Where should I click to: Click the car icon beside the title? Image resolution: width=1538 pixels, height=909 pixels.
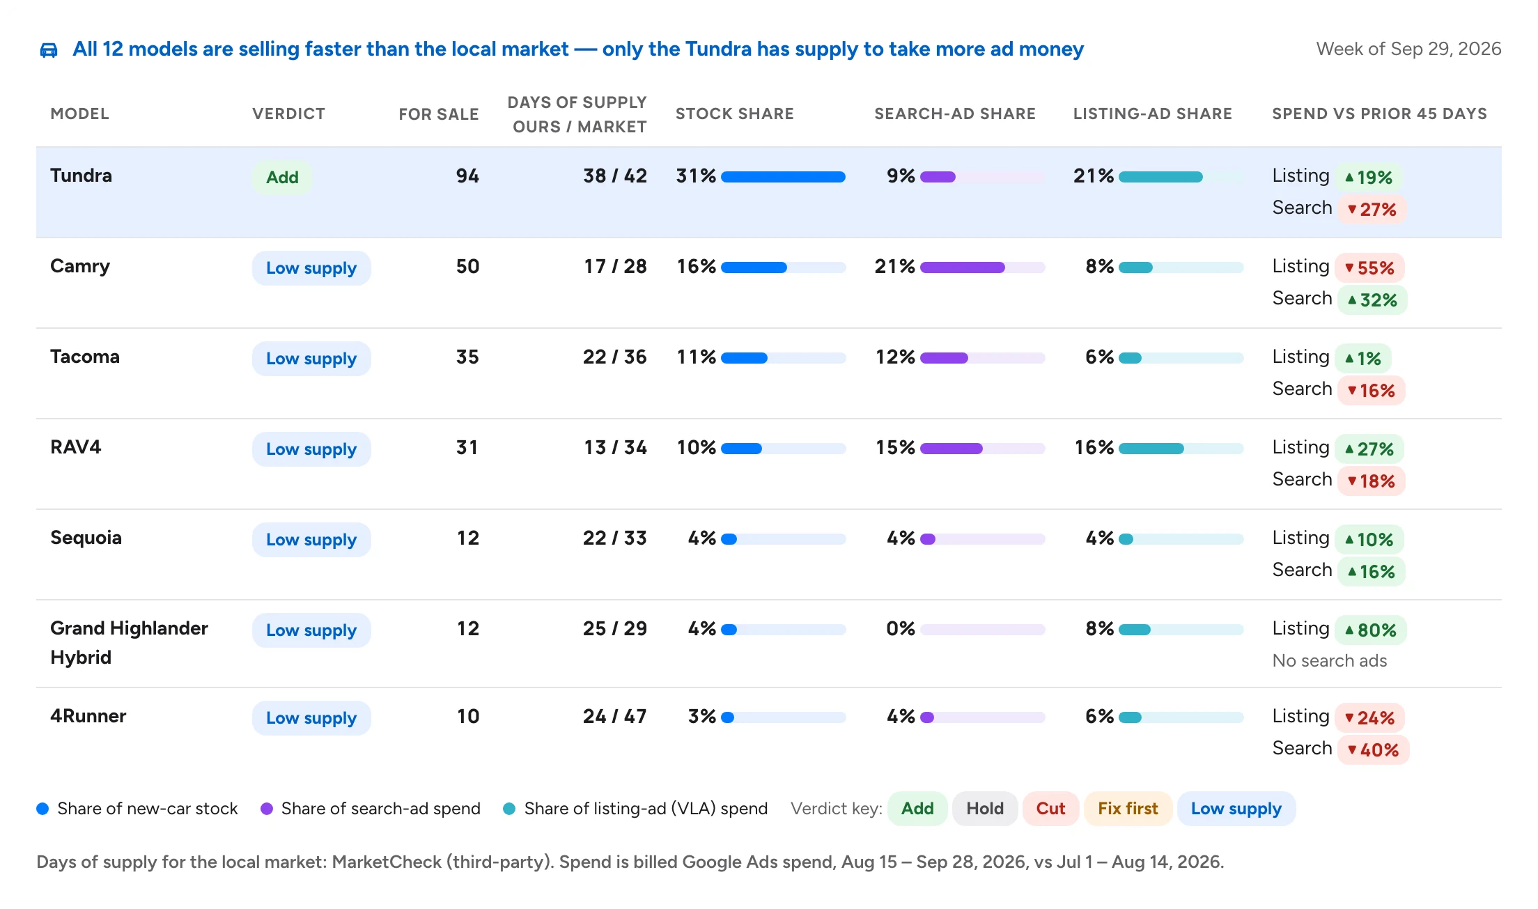pos(48,50)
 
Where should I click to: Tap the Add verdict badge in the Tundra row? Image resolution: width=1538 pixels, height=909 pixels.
pos(282,177)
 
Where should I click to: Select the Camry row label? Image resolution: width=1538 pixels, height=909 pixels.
pos(80,266)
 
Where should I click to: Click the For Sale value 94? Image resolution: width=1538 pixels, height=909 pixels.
pos(467,176)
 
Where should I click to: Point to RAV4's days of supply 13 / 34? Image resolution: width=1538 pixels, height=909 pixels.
pos(615,447)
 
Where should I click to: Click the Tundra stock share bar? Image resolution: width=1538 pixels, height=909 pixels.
pos(783,177)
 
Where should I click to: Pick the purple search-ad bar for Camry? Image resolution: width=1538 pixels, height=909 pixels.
pos(963,267)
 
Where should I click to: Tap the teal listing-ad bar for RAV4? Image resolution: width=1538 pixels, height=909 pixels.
pos(1151,449)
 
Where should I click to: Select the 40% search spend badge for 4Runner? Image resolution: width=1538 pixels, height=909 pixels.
pos(1373,750)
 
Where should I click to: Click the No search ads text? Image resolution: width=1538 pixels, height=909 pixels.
pos(1330,660)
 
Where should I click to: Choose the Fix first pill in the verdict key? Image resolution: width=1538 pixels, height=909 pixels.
pos(1128,809)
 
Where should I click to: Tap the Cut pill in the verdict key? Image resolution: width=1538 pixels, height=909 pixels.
pos(1050,809)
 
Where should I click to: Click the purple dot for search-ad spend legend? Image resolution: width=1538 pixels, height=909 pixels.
pos(267,809)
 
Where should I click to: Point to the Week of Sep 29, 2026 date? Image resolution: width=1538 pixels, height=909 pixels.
pos(1408,49)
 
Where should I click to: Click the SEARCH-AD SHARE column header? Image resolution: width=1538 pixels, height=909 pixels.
pos(955,114)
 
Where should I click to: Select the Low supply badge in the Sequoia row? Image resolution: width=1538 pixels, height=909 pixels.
pos(311,540)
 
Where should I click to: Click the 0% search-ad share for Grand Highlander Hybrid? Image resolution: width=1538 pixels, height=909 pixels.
pos(901,628)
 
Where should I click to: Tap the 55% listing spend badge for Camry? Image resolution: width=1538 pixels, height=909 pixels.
pos(1369,268)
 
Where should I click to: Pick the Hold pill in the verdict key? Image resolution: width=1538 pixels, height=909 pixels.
pos(985,809)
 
